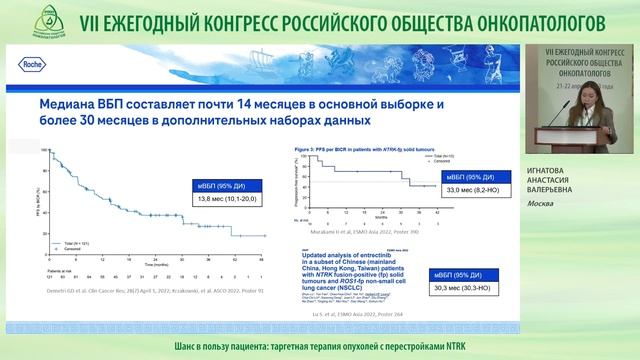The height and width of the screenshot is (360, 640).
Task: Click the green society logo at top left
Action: (19, 21)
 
